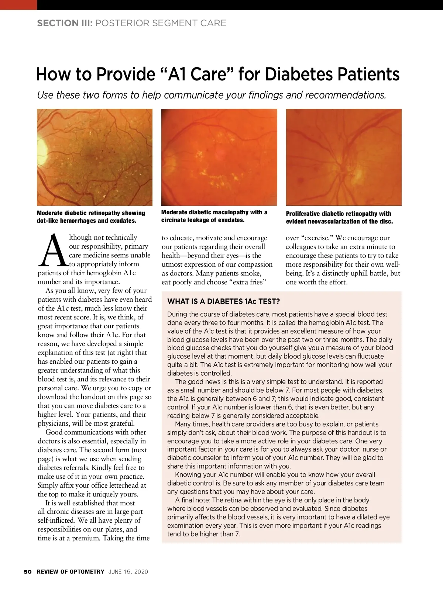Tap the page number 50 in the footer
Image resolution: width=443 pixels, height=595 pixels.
pos(28,572)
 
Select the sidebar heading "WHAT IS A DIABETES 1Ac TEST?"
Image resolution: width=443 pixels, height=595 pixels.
pos(223,301)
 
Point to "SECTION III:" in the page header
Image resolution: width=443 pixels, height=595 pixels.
pos(65,23)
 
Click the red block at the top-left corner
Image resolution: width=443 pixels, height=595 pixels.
pos(18,5)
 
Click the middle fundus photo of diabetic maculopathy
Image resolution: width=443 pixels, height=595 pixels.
pos(219,157)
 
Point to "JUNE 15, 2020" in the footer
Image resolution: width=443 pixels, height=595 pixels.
pos(128,572)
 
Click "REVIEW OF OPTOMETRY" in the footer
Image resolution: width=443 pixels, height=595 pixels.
pos(71,572)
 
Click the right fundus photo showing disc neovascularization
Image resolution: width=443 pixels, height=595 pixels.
pos(344,157)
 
